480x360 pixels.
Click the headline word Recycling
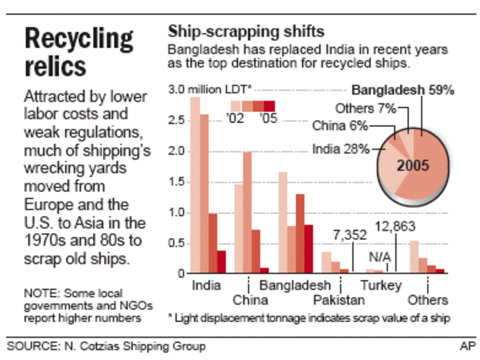click(79, 39)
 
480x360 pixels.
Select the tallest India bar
click(195, 186)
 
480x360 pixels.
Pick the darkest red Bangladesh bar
click(309, 250)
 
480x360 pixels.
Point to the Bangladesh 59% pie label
click(403, 90)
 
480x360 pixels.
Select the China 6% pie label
click(340, 126)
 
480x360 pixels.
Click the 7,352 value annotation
click(349, 235)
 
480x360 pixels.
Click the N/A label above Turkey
click(378, 256)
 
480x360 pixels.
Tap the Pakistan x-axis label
click(339, 299)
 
